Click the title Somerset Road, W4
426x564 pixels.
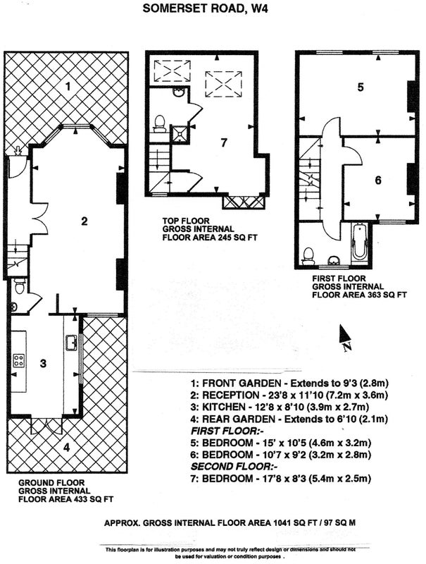(x=205, y=8)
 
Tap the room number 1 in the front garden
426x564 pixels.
(x=68, y=86)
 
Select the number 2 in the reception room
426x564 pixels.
(x=84, y=221)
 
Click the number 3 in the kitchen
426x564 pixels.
(x=43, y=363)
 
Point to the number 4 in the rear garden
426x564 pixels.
(x=66, y=448)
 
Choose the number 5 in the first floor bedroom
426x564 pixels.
(x=361, y=87)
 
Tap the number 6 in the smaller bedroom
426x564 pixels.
(x=378, y=180)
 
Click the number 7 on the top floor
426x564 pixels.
(x=224, y=143)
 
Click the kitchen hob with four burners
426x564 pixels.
(x=19, y=361)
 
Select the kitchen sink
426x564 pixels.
(x=72, y=342)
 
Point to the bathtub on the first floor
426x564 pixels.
(x=360, y=241)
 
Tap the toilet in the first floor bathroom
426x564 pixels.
(x=308, y=257)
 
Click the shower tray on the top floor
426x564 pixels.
(x=180, y=134)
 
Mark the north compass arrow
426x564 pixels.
(x=344, y=333)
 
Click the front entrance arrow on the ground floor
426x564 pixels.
(x=17, y=152)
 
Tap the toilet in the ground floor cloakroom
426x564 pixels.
(x=20, y=286)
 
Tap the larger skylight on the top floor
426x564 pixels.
(x=223, y=83)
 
